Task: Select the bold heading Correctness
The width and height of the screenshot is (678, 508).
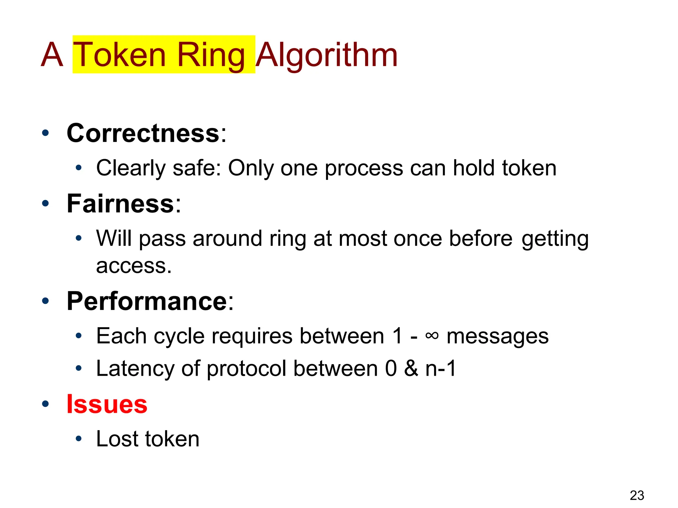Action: (x=143, y=133)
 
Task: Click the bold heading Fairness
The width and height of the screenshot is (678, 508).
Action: (x=120, y=203)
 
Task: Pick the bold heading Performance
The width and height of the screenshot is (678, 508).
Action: (x=147, y=301)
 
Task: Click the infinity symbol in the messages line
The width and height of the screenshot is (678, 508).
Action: (x=432, y=336)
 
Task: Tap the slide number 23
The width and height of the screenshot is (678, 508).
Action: (x=637, y=495)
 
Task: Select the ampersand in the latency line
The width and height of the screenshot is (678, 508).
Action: (x=411, y=368)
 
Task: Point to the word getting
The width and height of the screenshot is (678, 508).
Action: (x=555, y=239)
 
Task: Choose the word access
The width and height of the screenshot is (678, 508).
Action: (x=133, y=266)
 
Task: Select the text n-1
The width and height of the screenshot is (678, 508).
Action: (x=441, y=368)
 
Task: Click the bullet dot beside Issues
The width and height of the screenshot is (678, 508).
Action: (x=45, y=404)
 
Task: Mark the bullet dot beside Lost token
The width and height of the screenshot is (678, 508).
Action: (x=78, y=439)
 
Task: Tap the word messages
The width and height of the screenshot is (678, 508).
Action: (x=498, y=336)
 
